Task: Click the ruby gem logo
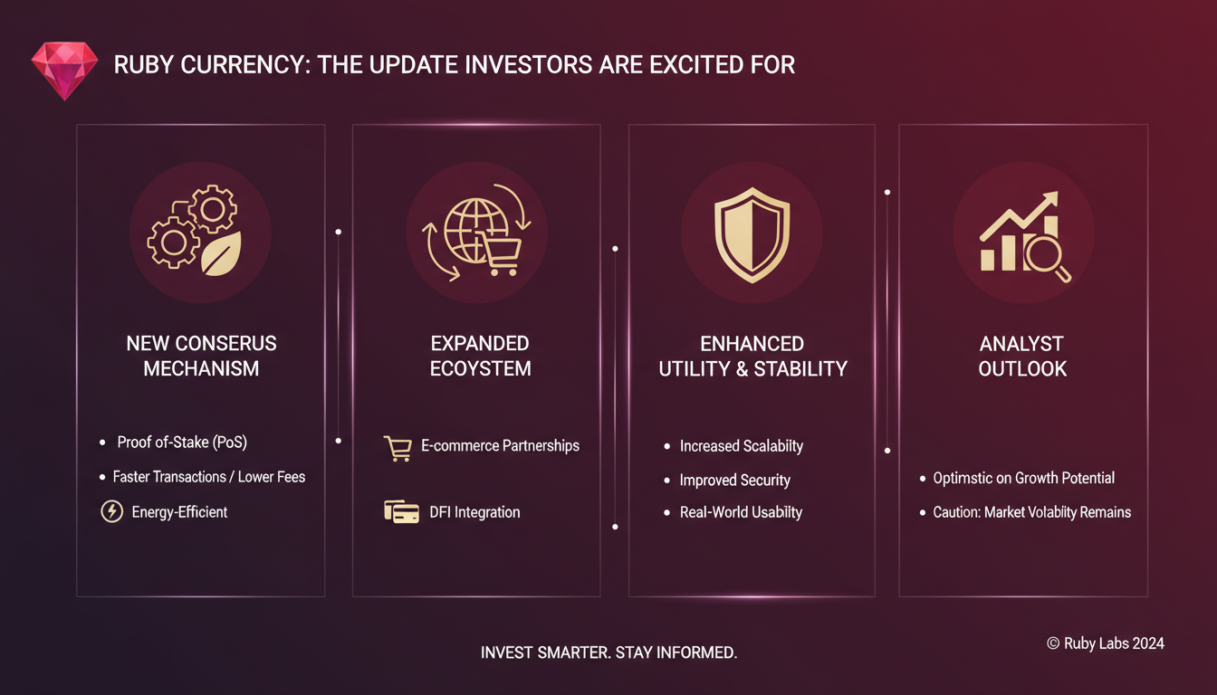(64, 71)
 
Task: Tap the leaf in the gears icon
(221, 253)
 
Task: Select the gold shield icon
(752, 235)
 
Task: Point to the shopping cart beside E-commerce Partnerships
(398, 449)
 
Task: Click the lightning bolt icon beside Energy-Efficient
(112, 511)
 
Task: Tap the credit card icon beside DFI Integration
(401, 511)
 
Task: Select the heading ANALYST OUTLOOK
(1022, 357)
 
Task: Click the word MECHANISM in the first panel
(201, 368)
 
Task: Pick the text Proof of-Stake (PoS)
(182, 443)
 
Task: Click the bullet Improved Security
(735, 480)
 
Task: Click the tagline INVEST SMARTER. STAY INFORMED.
(608, 652)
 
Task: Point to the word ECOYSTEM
(480, 368)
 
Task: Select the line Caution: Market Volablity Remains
(1031, 512)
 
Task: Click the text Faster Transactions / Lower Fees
(208, 477)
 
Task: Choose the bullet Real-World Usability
(741, 512)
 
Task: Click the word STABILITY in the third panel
(800, 369)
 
